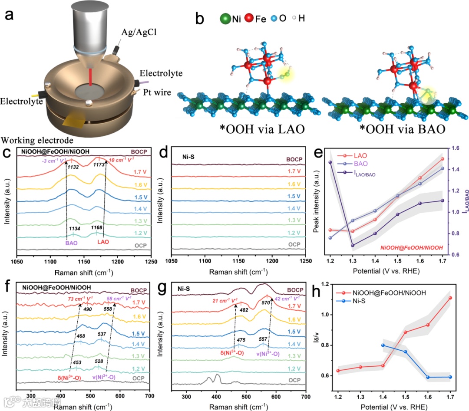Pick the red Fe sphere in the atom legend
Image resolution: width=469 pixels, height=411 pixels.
click(249, 20)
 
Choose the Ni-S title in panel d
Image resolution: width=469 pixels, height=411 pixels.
click(185, 153)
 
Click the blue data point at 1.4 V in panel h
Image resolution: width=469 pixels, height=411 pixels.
click(383, 345)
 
